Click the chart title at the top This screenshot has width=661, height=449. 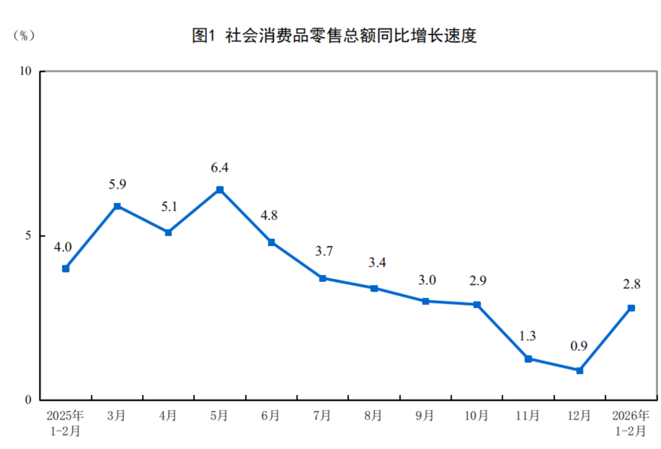click(334, 36)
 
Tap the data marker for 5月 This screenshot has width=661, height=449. click(220, 190)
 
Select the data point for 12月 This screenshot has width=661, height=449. click(579, 371)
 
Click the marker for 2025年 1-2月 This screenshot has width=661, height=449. click(66, 269)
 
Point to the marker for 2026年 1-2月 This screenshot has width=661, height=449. click(631, 308)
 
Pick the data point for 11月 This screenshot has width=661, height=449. click(528, 359)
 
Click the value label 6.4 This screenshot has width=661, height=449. click(220, 167)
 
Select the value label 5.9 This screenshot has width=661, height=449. click(117, 184)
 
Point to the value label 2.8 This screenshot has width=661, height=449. click(631, 285)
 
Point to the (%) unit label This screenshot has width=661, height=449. click(24, 36)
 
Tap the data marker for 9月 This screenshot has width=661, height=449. click(426, 301)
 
